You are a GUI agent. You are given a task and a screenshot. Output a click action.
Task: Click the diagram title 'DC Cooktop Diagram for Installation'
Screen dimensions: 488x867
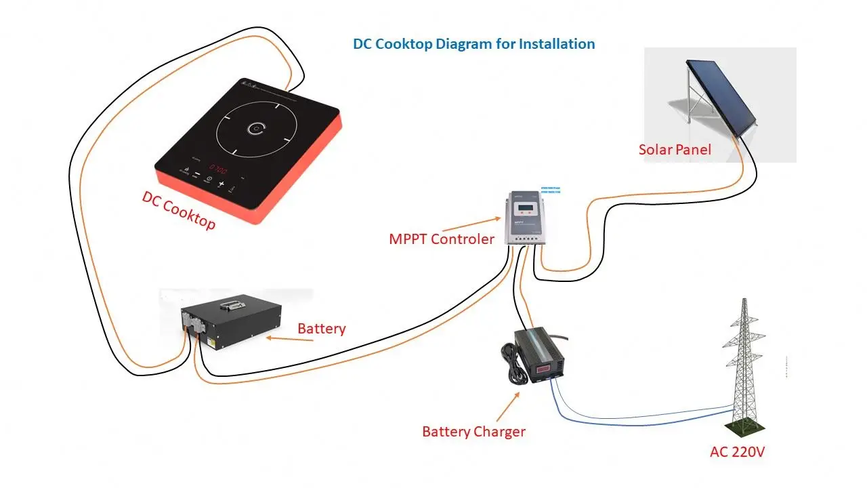(x=473, y=44)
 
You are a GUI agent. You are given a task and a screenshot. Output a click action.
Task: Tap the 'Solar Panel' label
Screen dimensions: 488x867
(x=675, y=149)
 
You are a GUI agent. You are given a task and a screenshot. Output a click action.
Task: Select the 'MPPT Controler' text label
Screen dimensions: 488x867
(x=441, y=239)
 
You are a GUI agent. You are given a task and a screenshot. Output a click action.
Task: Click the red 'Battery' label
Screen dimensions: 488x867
(x=322, y=329)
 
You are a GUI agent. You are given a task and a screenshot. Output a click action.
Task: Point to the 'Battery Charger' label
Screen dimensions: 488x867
(x=473, y=432)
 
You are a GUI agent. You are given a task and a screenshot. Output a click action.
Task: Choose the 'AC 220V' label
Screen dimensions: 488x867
(x=737, y=452)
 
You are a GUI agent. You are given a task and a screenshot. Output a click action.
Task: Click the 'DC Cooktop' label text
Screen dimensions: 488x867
(x=178, y=210)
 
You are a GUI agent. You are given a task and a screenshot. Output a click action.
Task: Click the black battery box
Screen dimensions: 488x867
(x=230, y=325)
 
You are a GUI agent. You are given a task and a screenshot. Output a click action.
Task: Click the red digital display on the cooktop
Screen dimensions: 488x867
(x=217, y=167)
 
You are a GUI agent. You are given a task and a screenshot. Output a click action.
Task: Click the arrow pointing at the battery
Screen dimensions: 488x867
(x=290, y=337)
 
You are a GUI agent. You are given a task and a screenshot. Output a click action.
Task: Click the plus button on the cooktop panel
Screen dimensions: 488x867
(x=221, y=184)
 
